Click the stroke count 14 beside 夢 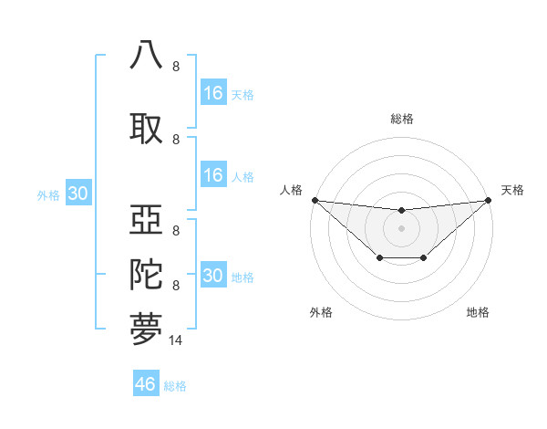point(176,340)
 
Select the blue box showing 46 point(146,383)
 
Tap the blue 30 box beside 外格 point(77,194)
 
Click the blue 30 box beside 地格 point(212,276)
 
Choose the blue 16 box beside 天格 point(212,93)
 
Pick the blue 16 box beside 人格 point(212,175)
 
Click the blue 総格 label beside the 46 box point(175,386)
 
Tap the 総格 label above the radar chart point(401,119)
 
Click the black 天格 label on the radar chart point(512,190)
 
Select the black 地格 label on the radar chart point(478,312)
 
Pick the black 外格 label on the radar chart point(321,312)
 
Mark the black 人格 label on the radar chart point(291,190)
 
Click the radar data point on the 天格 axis point(489,200)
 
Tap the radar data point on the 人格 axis point(315,200)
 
